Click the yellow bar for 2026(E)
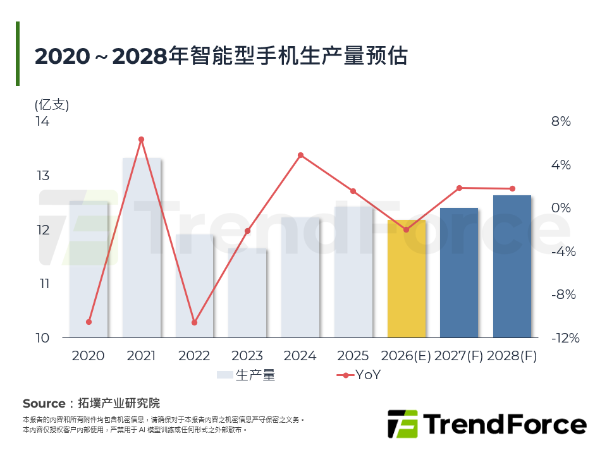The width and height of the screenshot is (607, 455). (x=407, y=279)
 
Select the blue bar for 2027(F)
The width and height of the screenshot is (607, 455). (x=459, y=272)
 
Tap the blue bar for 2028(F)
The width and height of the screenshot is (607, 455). (x=512, y=266)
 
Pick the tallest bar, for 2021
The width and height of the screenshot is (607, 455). (x=142, y=247)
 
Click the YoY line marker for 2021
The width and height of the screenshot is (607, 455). (x=142, y=139)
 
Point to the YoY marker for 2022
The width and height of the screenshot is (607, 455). (x=195, y=322)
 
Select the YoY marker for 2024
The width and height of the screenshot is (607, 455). (x=300, y=155)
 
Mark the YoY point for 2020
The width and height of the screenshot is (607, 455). (x=89, y=322)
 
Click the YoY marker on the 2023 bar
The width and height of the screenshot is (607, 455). (x=248, y=231)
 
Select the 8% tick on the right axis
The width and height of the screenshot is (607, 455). (x=561, y=121)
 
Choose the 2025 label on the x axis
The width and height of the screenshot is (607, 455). (x=353, y=356)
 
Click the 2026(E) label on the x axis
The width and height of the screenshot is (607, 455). (x=407, y=356)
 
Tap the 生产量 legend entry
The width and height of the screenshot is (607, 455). (x=246, y=375)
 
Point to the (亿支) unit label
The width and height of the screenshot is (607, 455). (x=52, y=104)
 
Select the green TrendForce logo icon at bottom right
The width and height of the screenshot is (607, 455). (x=402, y=424)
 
